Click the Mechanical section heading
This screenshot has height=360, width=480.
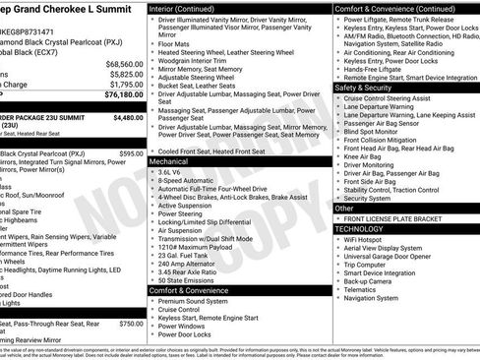click(x=169, y=160)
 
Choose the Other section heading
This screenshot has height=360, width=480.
click(x=345, y=208)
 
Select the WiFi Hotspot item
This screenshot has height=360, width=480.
click(x=370, y=239)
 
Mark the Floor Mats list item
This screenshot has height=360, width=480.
click(x=174, y=43)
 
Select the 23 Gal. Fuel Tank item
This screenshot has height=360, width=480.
click(x=187, y=255)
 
